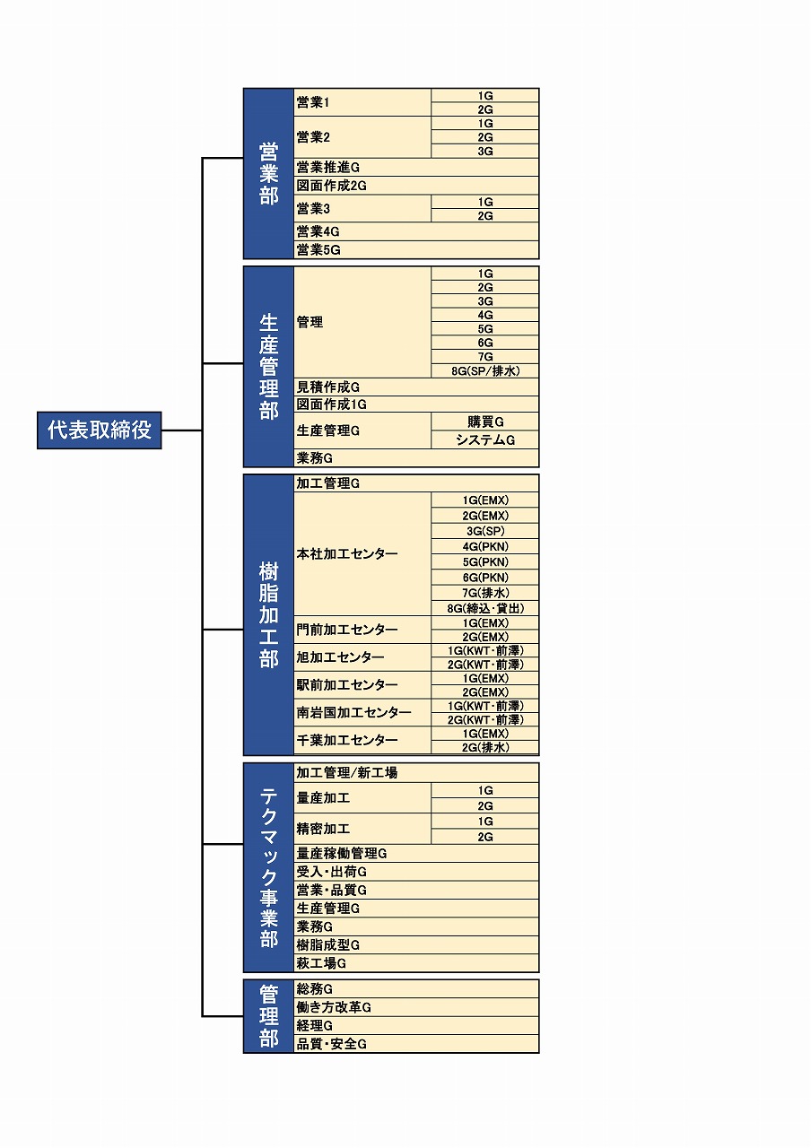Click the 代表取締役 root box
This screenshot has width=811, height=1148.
99,430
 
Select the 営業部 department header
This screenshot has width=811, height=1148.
268,174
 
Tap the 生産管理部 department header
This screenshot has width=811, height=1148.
268,366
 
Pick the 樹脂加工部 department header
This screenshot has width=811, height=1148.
268,615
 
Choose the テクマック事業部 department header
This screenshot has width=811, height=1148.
268,867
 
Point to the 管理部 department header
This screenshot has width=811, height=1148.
268,1016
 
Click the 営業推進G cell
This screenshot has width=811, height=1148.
416,168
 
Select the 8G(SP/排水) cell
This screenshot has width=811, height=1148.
485,370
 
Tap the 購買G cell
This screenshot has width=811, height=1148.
485,422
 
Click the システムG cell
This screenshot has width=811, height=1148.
485,439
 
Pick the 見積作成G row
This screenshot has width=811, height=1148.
416,387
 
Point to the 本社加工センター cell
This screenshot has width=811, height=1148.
362,554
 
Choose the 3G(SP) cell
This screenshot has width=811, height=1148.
485,531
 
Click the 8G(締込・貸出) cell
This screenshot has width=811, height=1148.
485,608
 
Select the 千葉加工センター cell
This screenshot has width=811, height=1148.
362,740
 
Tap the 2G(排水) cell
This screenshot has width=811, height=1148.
485,747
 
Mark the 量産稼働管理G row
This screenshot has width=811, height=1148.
416,854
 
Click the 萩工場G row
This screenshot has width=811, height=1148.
416,963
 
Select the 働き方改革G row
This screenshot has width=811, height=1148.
416,1007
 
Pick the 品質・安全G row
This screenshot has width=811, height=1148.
416,1044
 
